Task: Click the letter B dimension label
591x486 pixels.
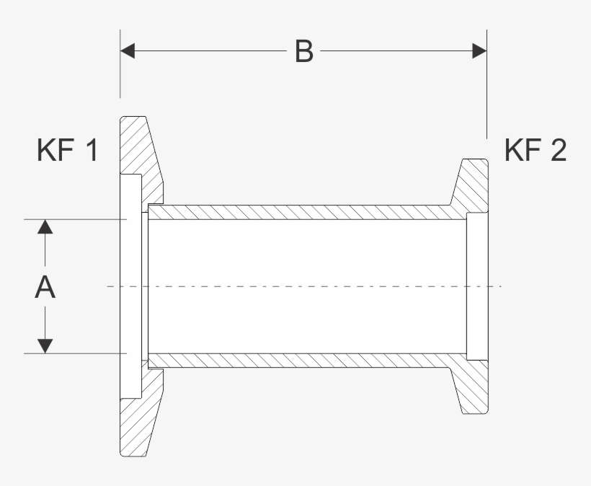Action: pyautogui.click(x=304, y=51)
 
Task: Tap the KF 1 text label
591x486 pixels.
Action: pyautogui.click(x=67, y=151)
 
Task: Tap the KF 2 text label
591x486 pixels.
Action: pyautogui.click(x=535, y=151)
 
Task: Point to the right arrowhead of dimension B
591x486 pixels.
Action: pyautogui.click(x=479, y=50)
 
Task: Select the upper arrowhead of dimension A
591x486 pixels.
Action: pyautogui.click(x=45, y=226)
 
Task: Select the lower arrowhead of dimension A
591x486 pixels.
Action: pyautogui.click(x=45, y=345)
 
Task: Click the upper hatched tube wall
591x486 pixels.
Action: pyautogui.click(x=303, y=212)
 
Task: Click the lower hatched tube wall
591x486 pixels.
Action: pyautogui.click(x=303, y=361)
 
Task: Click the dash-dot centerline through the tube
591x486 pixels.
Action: pyautogui.click(x=303, y=287)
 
